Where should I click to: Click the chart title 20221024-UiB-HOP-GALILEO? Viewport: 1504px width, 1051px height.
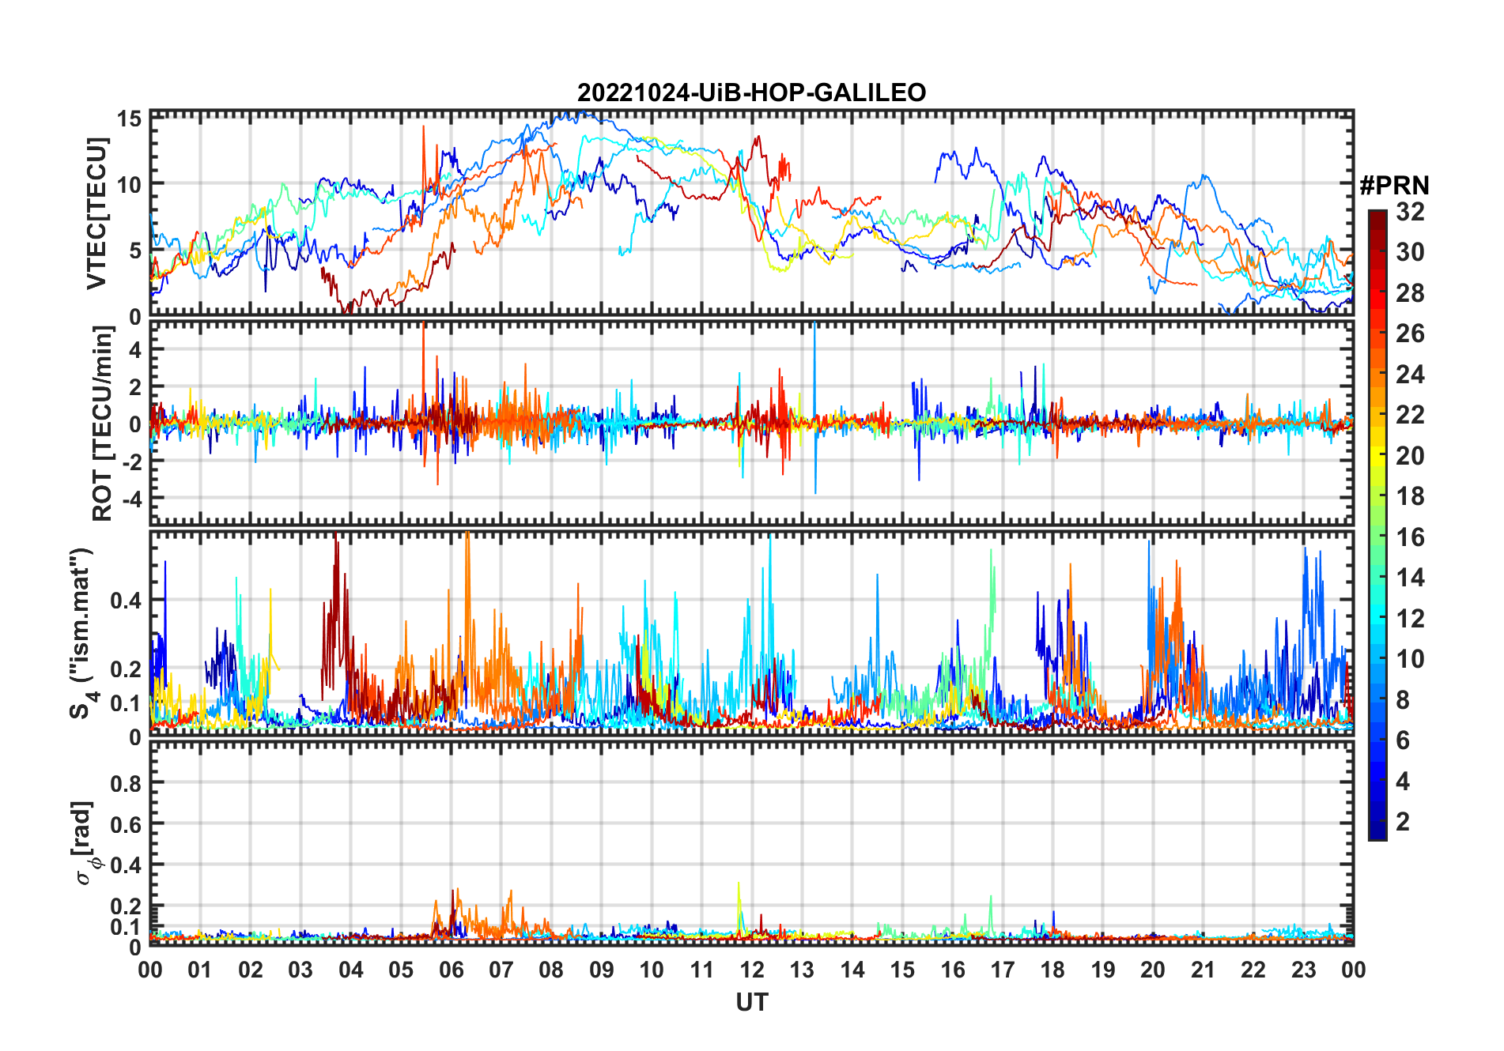(751, 92)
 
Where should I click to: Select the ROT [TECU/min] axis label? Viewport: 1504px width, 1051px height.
(103, 424)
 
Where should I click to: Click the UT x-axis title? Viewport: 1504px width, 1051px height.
(751, 1003)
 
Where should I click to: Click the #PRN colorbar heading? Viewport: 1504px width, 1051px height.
(1394, 186)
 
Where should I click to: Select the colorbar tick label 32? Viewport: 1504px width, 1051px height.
(1410, 212)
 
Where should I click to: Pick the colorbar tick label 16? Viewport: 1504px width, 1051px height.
(1410, 537)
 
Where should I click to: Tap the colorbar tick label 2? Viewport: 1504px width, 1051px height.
(1403, 822)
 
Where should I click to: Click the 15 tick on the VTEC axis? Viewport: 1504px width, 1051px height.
(130, 119)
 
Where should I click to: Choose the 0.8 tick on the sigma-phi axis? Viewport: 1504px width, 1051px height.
(126, 783)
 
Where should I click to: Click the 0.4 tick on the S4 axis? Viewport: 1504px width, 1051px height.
(126, 601)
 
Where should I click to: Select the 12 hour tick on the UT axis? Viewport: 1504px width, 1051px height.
(752, 970)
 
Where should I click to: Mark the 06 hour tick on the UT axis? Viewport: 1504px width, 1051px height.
(451, 970)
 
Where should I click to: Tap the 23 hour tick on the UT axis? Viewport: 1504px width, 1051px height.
(1303, 970)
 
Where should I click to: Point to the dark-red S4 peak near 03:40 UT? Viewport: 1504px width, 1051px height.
(336, 545)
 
